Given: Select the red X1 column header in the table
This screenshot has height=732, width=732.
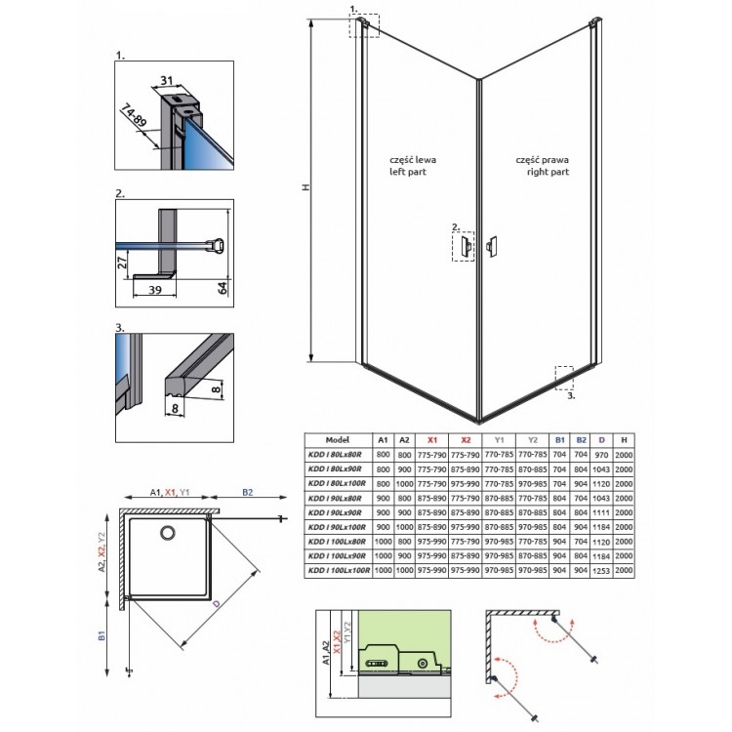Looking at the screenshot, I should [432, 440].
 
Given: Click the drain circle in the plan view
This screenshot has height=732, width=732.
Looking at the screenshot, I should [167, 534].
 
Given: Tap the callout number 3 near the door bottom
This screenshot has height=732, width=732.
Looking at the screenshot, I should [573, 397].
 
